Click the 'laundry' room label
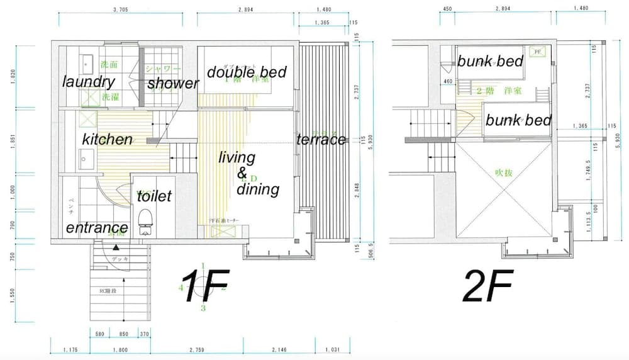(88, 82)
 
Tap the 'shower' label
(173, 83)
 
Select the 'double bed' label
(247, 72)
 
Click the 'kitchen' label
(108, 139)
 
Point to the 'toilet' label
(154, 196)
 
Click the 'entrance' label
(97, 228)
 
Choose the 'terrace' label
(321, 140)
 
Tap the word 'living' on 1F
(237, 158)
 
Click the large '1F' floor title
(205, 286)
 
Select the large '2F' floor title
(488, 286)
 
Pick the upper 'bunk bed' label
(490, 62)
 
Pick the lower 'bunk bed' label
(518, 120)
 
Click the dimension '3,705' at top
(123, 9)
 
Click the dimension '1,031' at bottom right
(332, 350)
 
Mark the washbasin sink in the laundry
(86, 64)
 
